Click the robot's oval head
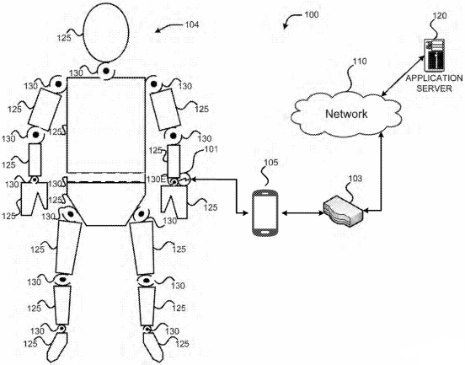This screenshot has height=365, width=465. pyautogui.click(x=106, y=32)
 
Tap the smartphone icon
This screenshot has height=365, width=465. pyautogui.click(x=265, y=212)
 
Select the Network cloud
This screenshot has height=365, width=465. pyautogui.click(x=347, y=114)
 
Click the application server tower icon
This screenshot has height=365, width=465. pyautogui.click(x=435, y=56)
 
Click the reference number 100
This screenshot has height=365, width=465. pyautogui.click(x=312, y=14)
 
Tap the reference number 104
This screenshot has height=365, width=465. pyautogui.click(x=192, y=24)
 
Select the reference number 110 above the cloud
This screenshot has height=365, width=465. pyautogui.click(x=360, y=62)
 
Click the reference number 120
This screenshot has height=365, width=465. pyautogui.click(x=440, y=15)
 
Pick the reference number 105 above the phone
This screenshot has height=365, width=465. pyautogui.click(x=271, y=163)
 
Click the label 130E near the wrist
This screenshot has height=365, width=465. pyautogui.click(x=156, y=180)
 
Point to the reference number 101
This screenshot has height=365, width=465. pyautogui.click(x=211, y=149)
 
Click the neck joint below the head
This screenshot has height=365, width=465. pyautogui.click(x=106, y=72)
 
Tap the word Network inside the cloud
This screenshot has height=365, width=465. pyautogui.click(x=346, y=114)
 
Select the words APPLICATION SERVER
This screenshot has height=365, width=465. pyautogui.click(x=434, y=83)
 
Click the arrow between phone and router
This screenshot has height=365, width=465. pyautogui.click(x=303, y=212)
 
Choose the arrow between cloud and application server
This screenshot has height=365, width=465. pyautogui.click(x=404, y=75)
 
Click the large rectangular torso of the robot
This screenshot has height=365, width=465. pyautogui.click(x=106, y=125)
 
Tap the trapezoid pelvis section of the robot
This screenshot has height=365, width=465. pyautogui.click(x=106, y=203)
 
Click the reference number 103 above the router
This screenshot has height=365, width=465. pyautogui.click(x=355, y=179)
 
